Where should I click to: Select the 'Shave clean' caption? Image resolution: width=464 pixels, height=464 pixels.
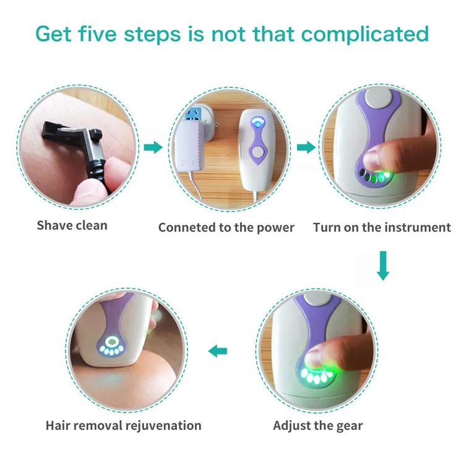coord(72,225)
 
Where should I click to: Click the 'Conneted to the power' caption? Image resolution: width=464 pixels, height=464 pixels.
coord(226,227)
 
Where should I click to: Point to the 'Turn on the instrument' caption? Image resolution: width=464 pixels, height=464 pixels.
coord(382,227)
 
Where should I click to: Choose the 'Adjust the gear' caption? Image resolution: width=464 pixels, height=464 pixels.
coord(318,426)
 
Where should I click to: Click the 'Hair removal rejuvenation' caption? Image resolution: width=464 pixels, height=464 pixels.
coord(123,426)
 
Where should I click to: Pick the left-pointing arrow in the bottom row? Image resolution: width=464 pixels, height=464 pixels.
coord(218,351)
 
